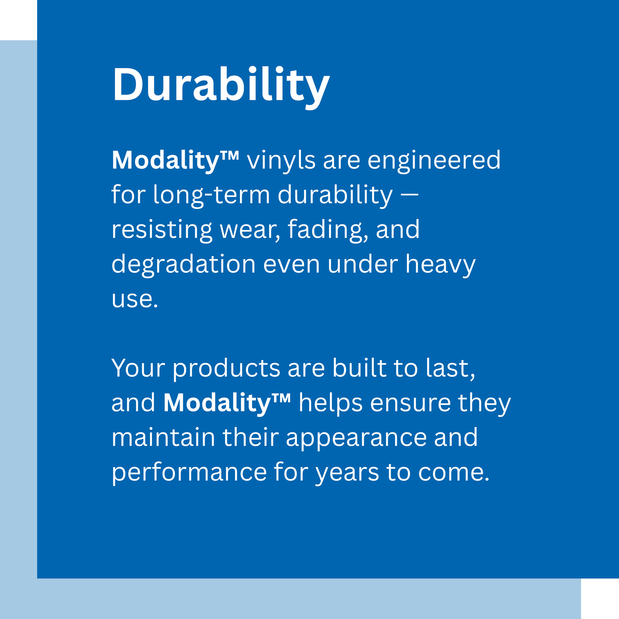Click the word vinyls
pyautogui.click(x=281, y=161)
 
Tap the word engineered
pyautogui.click(x=434, y=161)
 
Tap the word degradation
pyautogui.click(x=183, y=264)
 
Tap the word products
pyautogui.click(x=227, y=369)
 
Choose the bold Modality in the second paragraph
pyautogui.click(x=227, y=403)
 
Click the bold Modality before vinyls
pyautogui.click(x=175, y=161)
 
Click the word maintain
pyautogui.click(x=163, y=437)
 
